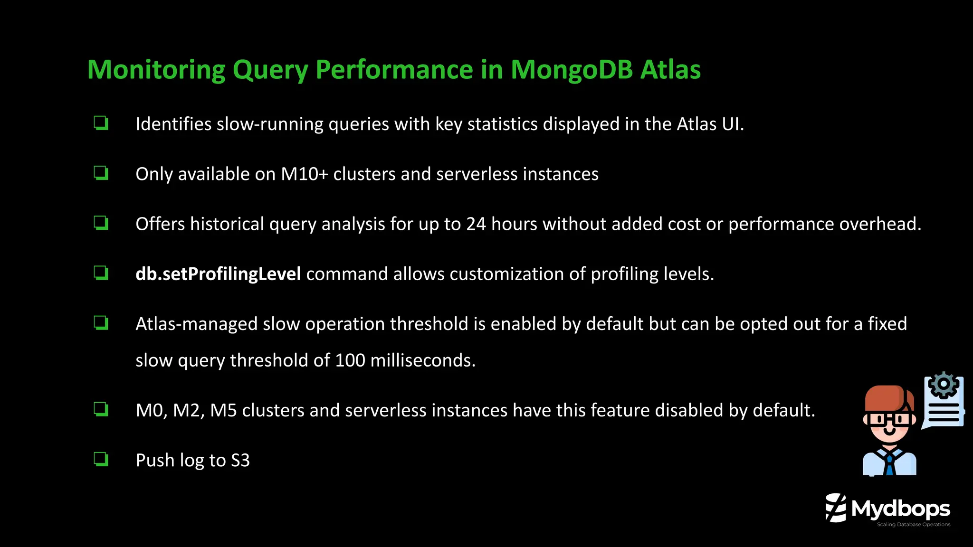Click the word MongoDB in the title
(572, 70)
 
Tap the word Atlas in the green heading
(670, 70)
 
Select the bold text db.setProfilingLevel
(218, 274)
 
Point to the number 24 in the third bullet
(476, 224)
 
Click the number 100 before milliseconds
(350, 360)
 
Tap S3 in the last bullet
(240, 461)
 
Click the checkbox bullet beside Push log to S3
(101, 459)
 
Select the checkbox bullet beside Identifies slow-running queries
(101, 123)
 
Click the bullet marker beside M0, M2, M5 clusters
(101, 409)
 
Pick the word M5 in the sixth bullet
(223, 411)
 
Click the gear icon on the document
(943, 384)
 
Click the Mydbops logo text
(900, 509)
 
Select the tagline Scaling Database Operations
(913, 525)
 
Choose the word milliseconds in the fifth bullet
(422, 360)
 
